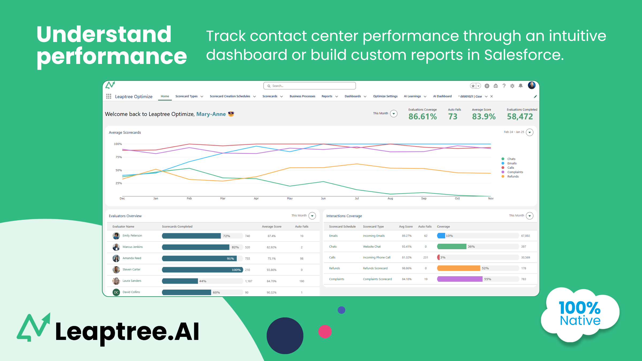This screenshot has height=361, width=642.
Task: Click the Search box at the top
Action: pyautogui.click(x=309, y=86)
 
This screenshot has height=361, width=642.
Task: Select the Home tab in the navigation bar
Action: pyautogui.click(x=165, y=96)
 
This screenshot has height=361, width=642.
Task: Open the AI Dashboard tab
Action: pyautogui.click(x=442, y=96)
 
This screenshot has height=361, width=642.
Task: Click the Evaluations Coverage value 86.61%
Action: pyautogui.click(x=422, y=117)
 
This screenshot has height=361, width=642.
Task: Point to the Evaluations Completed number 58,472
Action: pyautogui.click(x=520, y=117)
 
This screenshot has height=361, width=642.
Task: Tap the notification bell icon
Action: pyautogui.click(x=521, y=86)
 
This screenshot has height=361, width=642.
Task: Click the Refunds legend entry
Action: pyautogui.click(x=513, y=176)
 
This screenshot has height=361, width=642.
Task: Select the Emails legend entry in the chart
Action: pyautogui.click(x=512, y=163)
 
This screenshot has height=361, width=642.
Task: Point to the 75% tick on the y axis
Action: pyautogui.click(x=119, y=157)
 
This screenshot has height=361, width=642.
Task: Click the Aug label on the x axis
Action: pyautogui.click(x=390, y=198)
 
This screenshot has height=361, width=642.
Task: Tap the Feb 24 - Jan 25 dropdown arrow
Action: pyautogui.click(x=530, y=132)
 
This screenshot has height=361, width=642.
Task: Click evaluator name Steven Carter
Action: pyautogui.click(x=131, y=270)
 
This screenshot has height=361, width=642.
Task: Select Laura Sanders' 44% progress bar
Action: pyautogui.click(x=180, y=281)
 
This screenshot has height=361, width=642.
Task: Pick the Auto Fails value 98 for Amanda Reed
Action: pyautogui.click(x=301, y=259)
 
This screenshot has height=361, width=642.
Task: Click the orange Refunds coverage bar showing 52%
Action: pyautogui.click(x=458, y=268)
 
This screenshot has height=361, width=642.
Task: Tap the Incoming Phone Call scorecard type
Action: pyautogui.click(x=376, y=258)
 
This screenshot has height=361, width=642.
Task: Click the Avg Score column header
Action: pyautogui.click(x=406, y=226)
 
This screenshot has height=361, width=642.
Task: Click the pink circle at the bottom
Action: pyautogui.click(x=325, y=332)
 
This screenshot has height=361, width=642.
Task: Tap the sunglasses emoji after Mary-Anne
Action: pyautogui.click(x=231, y=114)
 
